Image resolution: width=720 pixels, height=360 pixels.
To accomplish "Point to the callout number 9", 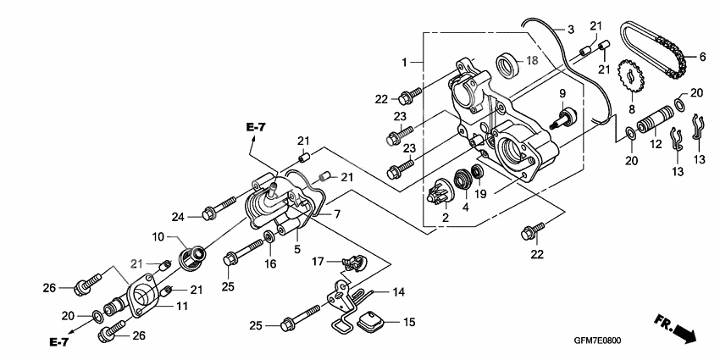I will tap(561, 92).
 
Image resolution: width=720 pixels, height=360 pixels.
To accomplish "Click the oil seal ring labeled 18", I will tap(507, 63).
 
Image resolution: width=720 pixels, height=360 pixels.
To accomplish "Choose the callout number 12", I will tap(655, 145).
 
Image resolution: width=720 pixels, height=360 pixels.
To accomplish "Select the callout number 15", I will tap(409, 323).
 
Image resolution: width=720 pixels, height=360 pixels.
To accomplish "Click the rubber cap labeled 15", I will tap(370, 324).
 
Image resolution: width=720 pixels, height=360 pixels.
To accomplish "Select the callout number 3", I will tap(571, 30).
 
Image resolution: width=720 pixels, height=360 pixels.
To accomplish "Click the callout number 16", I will tap(270, 263).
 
